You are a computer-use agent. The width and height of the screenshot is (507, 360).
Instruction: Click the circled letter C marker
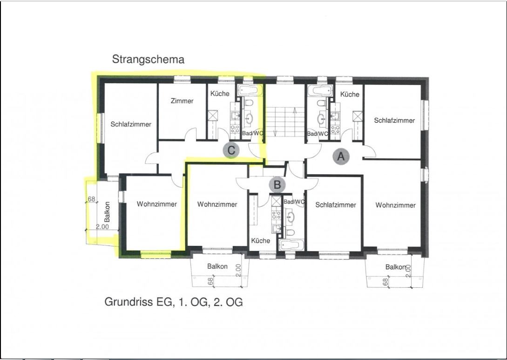(231, 150)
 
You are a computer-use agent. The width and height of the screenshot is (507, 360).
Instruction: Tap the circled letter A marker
(341, 156)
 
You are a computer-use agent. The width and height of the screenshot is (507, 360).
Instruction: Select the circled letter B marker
(277, 185)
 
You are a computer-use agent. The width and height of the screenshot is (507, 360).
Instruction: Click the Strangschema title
(148, 60)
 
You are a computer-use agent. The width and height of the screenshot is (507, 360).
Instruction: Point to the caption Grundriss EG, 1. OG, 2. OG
(173, 302)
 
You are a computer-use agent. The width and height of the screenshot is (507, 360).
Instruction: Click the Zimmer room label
(182, 101)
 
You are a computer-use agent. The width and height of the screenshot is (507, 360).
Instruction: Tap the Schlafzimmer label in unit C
(131, 124)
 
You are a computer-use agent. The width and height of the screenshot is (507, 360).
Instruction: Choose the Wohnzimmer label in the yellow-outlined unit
(157, 204)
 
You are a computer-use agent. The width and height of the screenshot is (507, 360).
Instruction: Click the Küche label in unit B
(261, 241)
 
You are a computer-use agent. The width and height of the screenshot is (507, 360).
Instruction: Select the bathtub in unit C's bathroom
(250, 90)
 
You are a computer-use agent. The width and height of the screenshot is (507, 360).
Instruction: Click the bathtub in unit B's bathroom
(291, 245)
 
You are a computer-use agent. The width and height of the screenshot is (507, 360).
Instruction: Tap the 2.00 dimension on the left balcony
(102, 227)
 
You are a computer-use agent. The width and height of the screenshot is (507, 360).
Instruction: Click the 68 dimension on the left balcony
(92, 199)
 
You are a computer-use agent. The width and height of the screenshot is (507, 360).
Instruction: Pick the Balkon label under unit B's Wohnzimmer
(217, 266)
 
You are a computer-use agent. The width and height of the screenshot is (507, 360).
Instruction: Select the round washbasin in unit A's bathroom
(321, 119)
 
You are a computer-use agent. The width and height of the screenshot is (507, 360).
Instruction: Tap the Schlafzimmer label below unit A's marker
(336, 205)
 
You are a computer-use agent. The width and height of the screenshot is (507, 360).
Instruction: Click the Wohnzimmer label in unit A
(395, 205)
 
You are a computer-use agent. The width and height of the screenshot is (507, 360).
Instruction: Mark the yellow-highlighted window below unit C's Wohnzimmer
(156, 254)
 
